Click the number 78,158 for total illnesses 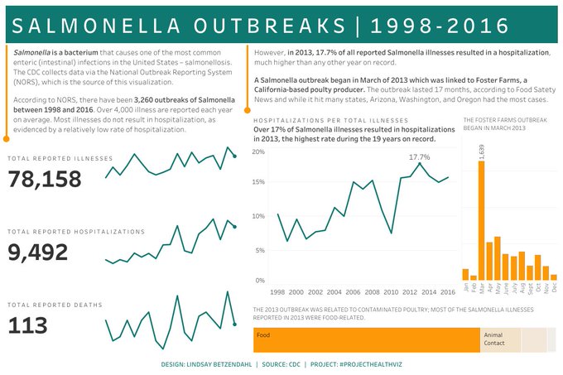coord(45,179)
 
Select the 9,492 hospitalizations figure coord(38,252)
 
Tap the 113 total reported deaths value coord(27,325)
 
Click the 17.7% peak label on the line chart coord(420,156)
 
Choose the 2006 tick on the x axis coord(354,292)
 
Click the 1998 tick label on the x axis coord(277,292)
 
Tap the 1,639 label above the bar coord(482,151)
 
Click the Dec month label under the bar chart coord(555,287)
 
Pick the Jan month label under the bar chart coord(466,287)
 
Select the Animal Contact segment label coord(494,339)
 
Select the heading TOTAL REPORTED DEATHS coord(55,305)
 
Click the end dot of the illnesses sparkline coord(235,155)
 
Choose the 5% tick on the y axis coord(260,250)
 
